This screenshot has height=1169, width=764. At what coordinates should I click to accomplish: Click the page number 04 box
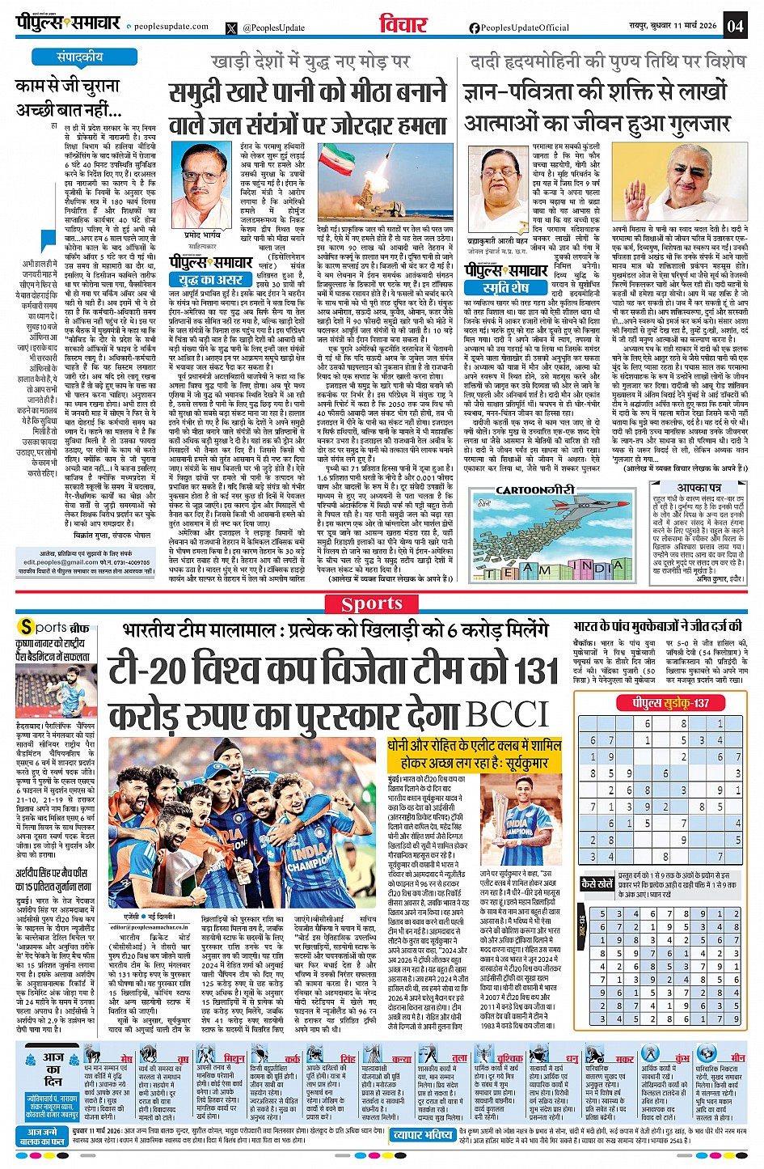(x=735, y=25)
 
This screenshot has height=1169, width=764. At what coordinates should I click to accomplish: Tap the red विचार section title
(x=403, y=25)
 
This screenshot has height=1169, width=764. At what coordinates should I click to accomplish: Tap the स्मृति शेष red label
(x=506, y=287)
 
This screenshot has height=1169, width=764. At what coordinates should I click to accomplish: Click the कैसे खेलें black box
(x=598, y=884)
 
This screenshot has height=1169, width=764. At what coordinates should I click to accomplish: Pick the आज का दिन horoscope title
(x=53, y=1069)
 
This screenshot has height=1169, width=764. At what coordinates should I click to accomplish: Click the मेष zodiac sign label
(x=127, y=1058)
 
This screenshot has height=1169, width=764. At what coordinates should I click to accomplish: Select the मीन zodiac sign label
(x=737, y=1058)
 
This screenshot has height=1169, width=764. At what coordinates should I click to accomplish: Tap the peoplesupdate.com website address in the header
(x=171, y=27)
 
